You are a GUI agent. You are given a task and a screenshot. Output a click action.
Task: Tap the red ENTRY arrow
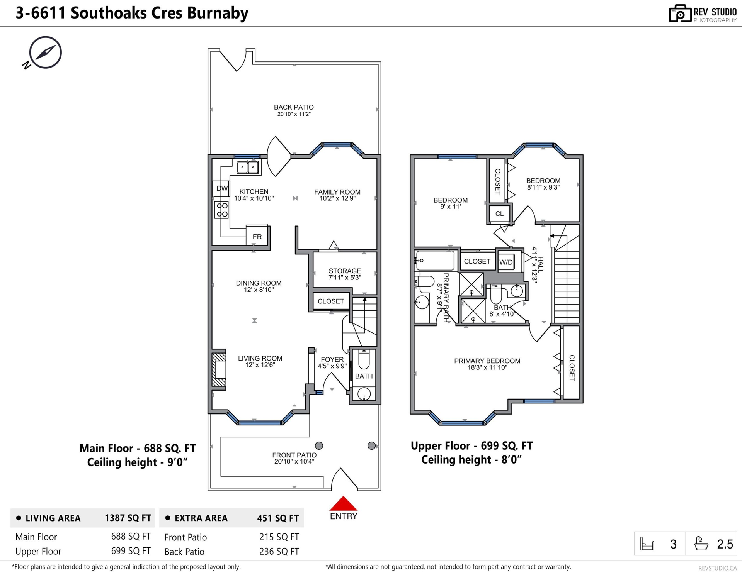[x=343, y=503]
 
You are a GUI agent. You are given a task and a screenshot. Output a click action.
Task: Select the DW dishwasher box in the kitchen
[x=221, y=188]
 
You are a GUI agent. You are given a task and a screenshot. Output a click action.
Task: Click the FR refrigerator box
[x=257, y=236]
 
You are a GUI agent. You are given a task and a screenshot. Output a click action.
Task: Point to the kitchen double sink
[x=248, y=167]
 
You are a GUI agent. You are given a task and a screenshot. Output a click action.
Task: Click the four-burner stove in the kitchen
[x=222, y=210]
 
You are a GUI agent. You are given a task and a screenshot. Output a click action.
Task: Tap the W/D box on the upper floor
[x=506, y=262]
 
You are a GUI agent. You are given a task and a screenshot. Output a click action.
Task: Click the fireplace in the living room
[x=219, y=369]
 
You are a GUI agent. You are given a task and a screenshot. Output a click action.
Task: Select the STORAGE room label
[x=345, y=271]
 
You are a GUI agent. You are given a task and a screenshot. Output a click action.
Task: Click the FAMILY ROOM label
[x=337, y=192]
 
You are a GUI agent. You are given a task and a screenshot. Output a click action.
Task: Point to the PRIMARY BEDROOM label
[x=487, y=361]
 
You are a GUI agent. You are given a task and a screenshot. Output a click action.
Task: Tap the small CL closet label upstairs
[x=499, y=213]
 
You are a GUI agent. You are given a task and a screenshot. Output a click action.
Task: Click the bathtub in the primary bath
[x=435, y=261]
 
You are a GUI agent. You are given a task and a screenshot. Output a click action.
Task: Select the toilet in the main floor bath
[x=364, y=359]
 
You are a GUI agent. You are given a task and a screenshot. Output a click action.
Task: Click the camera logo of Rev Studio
[x=680, y=14]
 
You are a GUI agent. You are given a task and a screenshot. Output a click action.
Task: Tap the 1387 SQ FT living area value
[x=128, y=518]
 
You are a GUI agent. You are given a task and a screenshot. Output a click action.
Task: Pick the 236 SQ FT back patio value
[x=279, y=551]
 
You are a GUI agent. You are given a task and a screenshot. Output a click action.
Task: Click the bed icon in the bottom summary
[x=647, y=544]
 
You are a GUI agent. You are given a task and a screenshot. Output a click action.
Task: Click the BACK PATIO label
[x=294, y=107]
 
